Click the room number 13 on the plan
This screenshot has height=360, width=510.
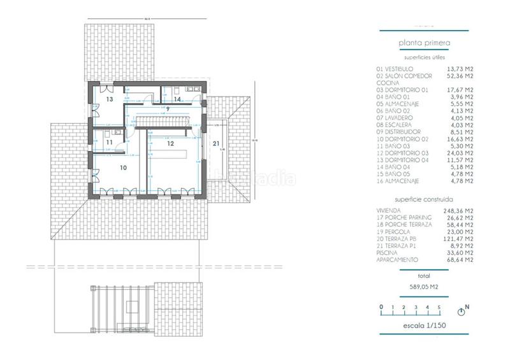tap(110, 100)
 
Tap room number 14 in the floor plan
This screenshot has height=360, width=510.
tap(178, 100)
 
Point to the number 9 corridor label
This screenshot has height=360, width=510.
tap(168, 110)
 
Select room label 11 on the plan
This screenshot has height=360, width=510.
tap(110, 143)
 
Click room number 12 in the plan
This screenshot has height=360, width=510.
tap(170, 144)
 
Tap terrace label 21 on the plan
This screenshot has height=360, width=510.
tap(217, 144)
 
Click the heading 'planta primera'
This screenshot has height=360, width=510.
tap(425, 43)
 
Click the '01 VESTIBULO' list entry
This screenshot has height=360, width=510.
tap(395, 69)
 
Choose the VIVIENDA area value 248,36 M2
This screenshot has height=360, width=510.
tap(458, 210)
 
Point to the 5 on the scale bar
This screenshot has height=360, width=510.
tap(438, 308)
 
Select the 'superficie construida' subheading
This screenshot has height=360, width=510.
tap(424, 199)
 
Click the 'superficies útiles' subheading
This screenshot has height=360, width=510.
tap(424, 57)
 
